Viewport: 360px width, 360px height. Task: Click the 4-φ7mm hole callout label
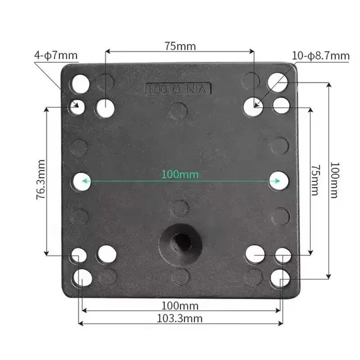(x=56, y=56)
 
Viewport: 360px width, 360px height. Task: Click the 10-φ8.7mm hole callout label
(x=320, y=56)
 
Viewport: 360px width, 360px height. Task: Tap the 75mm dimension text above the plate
(x=180, y=46)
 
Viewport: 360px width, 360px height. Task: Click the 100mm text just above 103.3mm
(x=180, y=306)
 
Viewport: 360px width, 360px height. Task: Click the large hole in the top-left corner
(x=81, y=83)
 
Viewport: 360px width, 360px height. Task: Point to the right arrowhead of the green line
(x=277, y=181)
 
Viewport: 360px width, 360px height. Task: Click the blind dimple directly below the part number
(x=180, y=110)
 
